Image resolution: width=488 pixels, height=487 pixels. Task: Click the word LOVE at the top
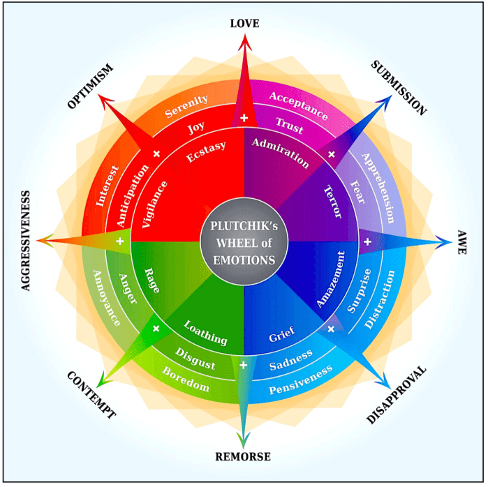(244, 24)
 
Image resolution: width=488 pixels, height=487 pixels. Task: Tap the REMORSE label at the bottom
(244, 458)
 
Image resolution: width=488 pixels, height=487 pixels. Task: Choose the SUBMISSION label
(397, 87)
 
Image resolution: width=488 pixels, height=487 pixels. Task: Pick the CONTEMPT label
(91, 395)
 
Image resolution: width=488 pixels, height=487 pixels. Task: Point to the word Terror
(333, 202)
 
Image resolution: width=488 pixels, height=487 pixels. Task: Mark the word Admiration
(281, 151)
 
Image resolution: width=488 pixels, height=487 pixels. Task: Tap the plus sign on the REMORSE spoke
(244, 364)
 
